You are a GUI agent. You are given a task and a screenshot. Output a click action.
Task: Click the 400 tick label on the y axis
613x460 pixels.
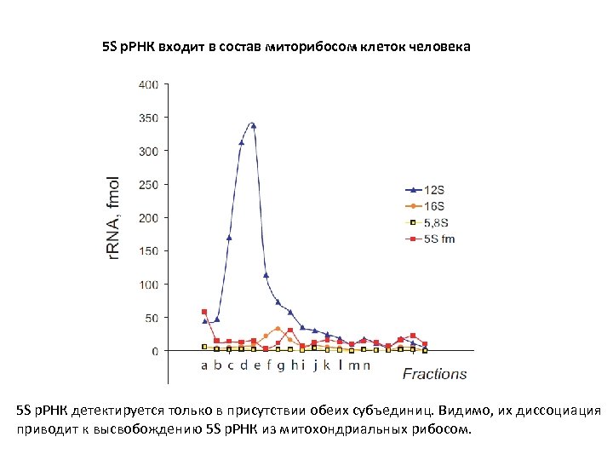coord(147,84)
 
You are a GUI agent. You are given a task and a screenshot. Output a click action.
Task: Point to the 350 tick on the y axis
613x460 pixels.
coord(147,118)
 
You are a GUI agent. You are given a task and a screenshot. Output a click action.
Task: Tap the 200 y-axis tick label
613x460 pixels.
coord(147,217)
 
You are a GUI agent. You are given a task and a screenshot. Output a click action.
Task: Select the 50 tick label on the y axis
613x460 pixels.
coord(150,317)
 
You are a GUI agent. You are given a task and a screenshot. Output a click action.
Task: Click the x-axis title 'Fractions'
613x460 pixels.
coord(434,373)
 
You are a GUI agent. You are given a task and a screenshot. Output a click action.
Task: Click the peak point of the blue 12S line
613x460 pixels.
coord(253,125)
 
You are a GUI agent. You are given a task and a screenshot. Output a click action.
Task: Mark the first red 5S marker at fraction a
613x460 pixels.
coord(204,312)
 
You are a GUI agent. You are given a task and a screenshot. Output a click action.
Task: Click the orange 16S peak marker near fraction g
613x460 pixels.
coord(278,329)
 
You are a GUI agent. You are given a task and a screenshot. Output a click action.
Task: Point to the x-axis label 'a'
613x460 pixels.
coord(204,365)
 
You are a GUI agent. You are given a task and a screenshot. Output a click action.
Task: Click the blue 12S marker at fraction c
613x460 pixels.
coord(229,238)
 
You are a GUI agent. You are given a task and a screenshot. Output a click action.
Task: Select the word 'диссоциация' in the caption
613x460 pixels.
coord(554,411)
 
